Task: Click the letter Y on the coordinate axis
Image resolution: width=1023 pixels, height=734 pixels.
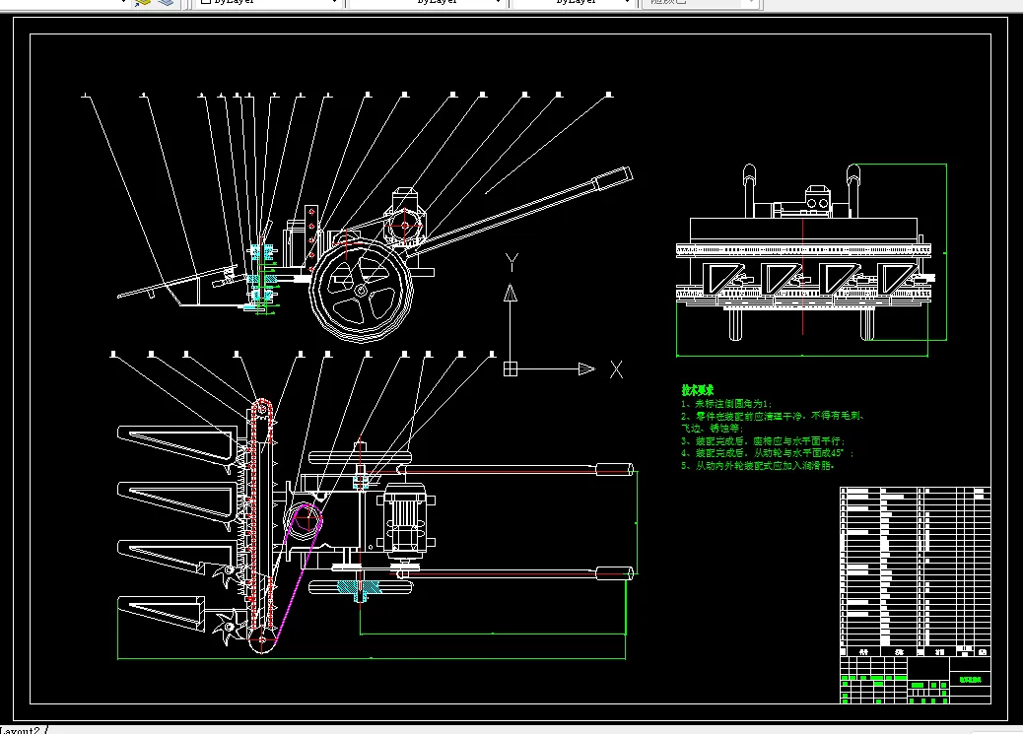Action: point(511,262)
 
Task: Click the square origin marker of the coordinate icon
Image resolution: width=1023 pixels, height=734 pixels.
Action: point(510,369)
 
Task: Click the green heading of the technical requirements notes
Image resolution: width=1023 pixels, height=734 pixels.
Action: point(697,390)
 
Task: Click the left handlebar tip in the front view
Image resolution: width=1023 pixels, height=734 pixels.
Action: point(749,177)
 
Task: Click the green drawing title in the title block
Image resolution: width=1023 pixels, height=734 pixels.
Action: point(972,679)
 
